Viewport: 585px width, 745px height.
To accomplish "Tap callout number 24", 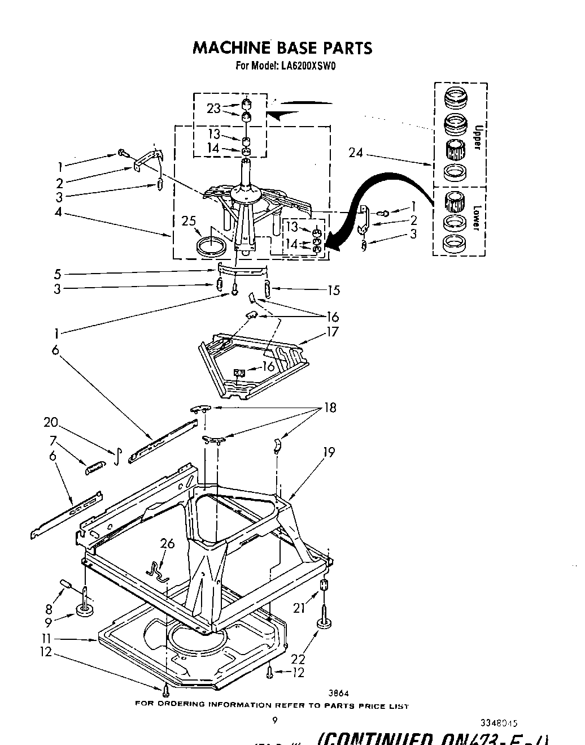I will click(356, 153).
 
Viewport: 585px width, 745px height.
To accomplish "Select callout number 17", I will click(332, 331).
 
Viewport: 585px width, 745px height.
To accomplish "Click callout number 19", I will click(329, 452).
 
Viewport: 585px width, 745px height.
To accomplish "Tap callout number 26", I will click(167, 544).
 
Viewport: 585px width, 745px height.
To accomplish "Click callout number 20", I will click(51, 422).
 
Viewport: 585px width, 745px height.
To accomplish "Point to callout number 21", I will click(299, 608).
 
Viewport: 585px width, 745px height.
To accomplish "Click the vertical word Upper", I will click(477, 137).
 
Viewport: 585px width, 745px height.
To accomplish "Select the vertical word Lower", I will click(476, 218).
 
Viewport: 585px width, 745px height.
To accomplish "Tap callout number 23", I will click(213, 109).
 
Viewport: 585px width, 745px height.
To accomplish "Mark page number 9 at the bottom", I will click(275, 720).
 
